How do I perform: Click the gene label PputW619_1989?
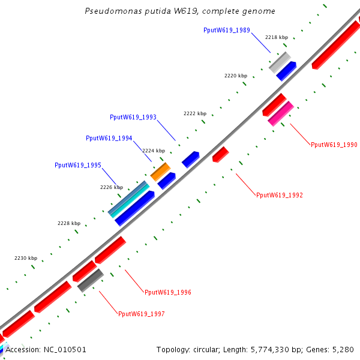click(x=227, y=30)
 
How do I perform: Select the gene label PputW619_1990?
click(x=334, y=145)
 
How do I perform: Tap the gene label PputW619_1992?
click(x=280, y=195)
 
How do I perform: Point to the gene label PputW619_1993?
click(x=133, y=117)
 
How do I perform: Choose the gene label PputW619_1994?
click(x=109, y=138)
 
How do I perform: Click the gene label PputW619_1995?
click(x=78, y=165)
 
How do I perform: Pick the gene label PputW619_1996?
click(x=168, y=292)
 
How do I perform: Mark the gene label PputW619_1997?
click(x=142, y=314)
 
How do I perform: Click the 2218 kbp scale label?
click(x=277, y=37)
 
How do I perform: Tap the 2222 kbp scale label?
click(x=195, y=113)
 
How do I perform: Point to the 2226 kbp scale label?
click(x=112, y=188)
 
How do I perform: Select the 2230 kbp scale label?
click(x=26, y=258)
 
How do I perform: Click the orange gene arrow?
click(x=160, y=172)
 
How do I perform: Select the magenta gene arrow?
click(x=281, y=113)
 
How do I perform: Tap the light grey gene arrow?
click(x=280, y=62)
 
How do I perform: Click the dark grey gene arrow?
click(x=91, y=280)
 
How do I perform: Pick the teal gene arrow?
click(x=129, y=199)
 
